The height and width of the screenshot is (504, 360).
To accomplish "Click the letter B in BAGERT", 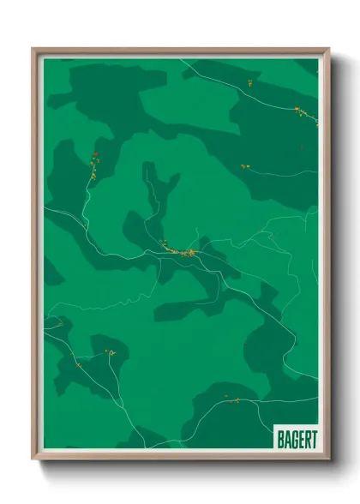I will (279, 437).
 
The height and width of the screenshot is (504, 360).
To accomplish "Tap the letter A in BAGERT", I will (286, 437).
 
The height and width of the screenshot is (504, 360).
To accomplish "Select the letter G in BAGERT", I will (293, 437).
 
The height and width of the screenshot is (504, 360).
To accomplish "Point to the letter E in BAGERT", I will (300, 437).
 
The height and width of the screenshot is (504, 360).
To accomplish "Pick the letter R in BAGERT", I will (306, 437).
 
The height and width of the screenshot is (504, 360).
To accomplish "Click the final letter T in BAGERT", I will (313, 437).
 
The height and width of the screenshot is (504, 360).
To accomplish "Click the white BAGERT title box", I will (296, 437).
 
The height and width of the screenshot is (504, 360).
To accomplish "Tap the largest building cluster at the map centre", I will (182, 252).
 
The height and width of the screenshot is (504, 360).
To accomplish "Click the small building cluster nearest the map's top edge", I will (249, 83).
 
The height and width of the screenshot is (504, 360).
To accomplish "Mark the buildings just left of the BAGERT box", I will (231, 400).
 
